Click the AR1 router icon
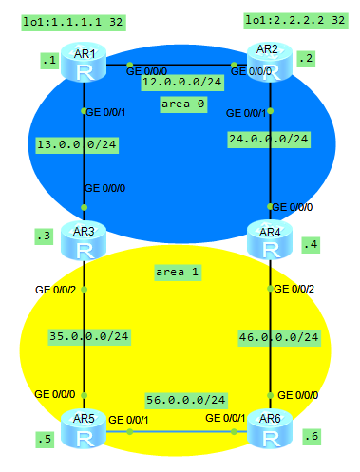click(84, 63)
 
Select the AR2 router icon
click(270, 63)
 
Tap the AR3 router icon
click(84, 240)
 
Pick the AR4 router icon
click(270, 240)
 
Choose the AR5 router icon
click(84, 428)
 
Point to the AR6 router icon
click(270, 428)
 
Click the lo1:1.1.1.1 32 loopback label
click(73, 23)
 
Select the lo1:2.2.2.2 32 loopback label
click(295, 21)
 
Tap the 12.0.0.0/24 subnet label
click(182, 83)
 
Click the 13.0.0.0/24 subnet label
click(77, 145)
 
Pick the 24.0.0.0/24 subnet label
click(269, 140)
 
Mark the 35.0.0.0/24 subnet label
click(89, 337)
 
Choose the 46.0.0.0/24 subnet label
click(279, 338)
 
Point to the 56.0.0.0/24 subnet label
click(186, 401)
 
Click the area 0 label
click(183, 104)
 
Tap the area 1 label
click(178, 273)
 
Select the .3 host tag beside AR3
click(44, 236)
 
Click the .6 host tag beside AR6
click(312, 437)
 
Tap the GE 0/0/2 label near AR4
click(294, 289)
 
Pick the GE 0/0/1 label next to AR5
click(128, 420)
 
